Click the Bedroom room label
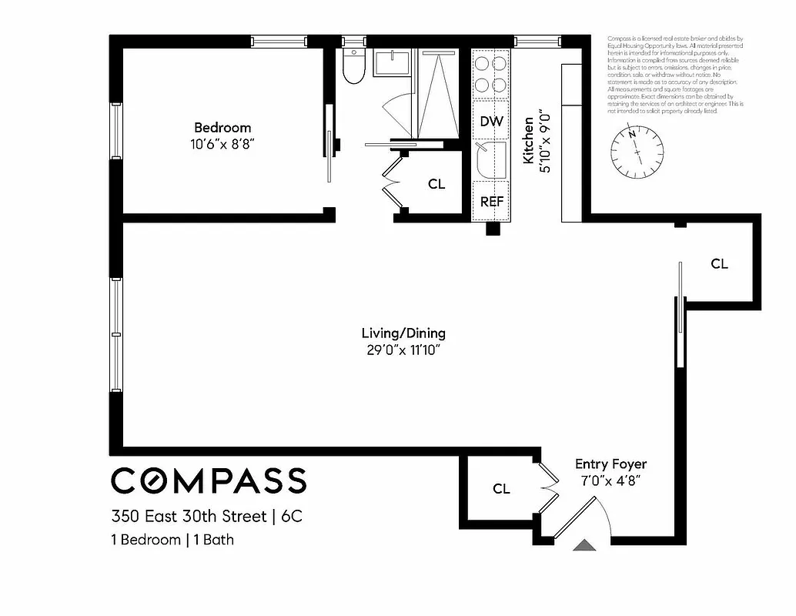[x=222, y=128]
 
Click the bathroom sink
[x=393, y=62]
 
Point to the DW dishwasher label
[x=491, y=121]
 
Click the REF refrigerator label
[x=491, y=202]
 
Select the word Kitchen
[x=529, y=141]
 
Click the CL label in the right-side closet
[x=719, y=264]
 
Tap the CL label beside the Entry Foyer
[x=501, y=488]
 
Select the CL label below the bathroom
[x=436, y=185]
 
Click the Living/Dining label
[x=403, y=333]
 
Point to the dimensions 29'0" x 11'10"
[x=403, y=350]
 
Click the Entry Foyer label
[x=610, y=464]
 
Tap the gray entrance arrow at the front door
[x=584, y=545]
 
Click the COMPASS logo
[x=209, y=480]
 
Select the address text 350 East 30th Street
[x=189, y=516]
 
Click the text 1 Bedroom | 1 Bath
[x=172, y=540]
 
